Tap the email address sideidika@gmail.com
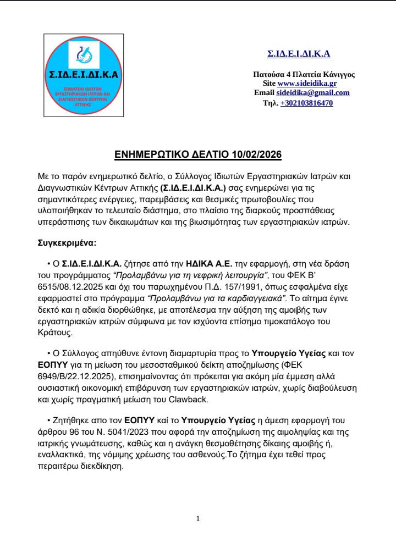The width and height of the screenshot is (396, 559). click(x=313, y=93)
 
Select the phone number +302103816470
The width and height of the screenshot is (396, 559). click(x=306, y=103)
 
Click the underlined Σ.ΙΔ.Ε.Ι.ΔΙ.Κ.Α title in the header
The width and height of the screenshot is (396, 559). click(x=299, y=54)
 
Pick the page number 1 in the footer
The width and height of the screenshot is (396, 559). click(x=198, y=518)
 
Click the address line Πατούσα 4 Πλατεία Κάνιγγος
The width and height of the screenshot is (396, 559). click(x=303, y=74)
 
